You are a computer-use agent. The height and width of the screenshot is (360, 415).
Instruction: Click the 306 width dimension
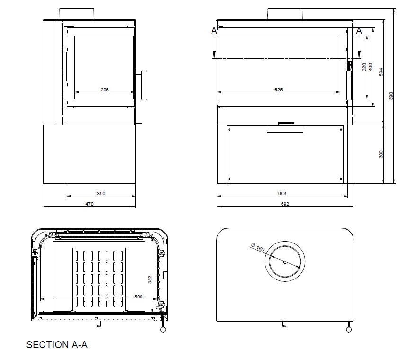pos(105,90)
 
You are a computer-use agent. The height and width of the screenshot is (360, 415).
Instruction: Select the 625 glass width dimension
pos(278,90)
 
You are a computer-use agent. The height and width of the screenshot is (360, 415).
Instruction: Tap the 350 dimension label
pos(101,193)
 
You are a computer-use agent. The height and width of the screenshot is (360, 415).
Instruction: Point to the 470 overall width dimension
pos(89,204)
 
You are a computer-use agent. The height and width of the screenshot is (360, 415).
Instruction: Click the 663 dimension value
pos(283,193)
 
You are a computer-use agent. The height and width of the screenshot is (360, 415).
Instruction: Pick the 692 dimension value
pos(284,204)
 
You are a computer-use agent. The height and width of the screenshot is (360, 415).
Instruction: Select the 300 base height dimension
pos(380,153)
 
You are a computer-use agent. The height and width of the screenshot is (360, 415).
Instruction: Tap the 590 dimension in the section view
pos(139,297)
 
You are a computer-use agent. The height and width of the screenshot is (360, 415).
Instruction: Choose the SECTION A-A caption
pos(57,345)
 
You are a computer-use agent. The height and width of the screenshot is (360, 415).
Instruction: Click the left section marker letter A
pos(214,31)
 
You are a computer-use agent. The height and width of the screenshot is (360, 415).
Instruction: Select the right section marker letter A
pos(359,31)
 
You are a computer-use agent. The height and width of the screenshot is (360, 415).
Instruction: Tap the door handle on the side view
pos(142,85)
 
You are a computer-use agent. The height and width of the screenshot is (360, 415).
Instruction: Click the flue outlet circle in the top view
pos(284,262)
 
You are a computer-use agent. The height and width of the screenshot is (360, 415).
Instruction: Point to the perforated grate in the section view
pos(99,279)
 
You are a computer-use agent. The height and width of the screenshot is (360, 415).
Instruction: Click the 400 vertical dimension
pos(371,67)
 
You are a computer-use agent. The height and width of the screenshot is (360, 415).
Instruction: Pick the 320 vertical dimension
pos(364,67)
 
